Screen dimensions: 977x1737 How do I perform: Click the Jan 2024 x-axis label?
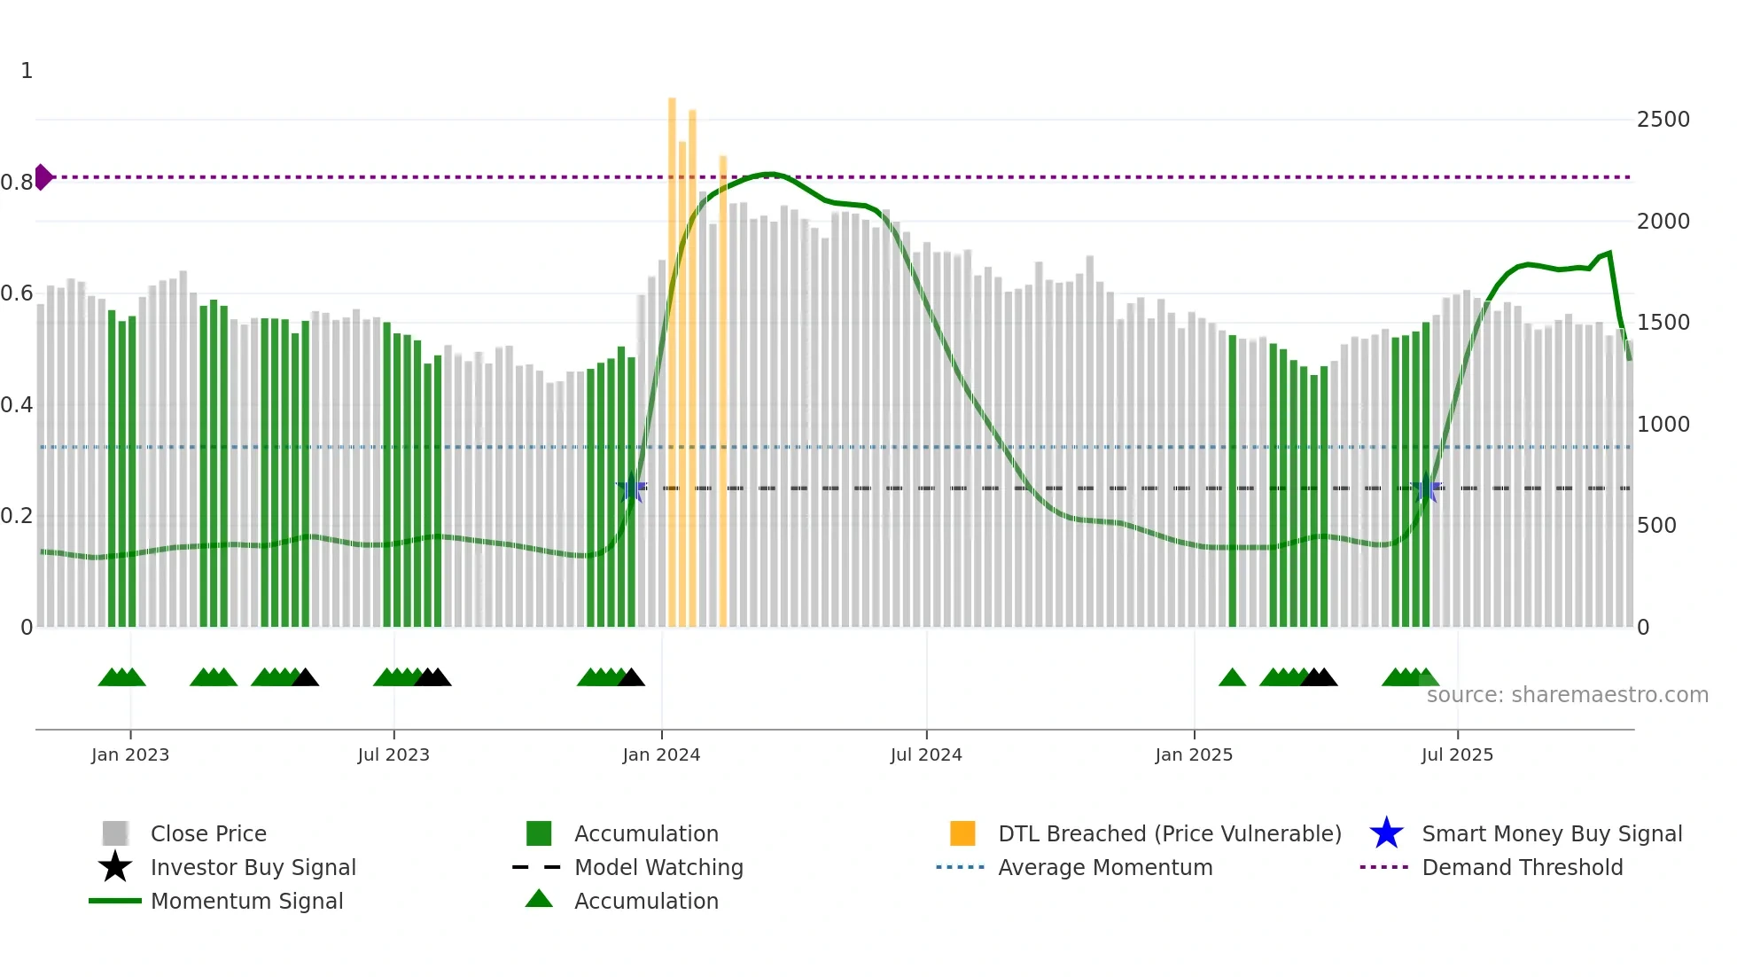coord(661,754)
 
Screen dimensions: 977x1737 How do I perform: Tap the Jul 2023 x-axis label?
coord(393,754)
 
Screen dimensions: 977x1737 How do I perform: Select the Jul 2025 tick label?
coord(1457,754)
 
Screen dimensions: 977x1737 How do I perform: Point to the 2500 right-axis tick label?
coord(1663,120)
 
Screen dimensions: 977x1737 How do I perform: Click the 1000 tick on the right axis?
coord(1663,425)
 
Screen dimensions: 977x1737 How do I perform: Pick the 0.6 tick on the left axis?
coord(17,293)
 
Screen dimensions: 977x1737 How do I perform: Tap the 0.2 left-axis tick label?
coord(17,516)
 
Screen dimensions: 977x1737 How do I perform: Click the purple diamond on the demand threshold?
coord(43,177)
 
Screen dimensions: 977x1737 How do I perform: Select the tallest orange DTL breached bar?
coord(672,355)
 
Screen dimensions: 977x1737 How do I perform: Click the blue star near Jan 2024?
coord(632,488)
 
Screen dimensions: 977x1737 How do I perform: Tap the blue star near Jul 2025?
coord(1427,488)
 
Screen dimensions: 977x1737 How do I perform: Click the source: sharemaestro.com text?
coord(1567,695)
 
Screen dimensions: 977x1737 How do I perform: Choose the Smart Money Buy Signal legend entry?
coord(1551,834)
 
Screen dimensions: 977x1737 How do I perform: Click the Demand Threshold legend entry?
coord(1522,868)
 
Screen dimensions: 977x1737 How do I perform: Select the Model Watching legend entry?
coord(658,868)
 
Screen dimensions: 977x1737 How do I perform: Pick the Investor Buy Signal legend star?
coord(115,867)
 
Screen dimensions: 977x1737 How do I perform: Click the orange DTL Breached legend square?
coord(962,833)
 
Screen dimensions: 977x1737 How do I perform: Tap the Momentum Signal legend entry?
coord(245,902)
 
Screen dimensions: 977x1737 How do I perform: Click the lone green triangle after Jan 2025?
coord(1232,678)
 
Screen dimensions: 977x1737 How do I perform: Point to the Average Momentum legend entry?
coord(1104,868)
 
